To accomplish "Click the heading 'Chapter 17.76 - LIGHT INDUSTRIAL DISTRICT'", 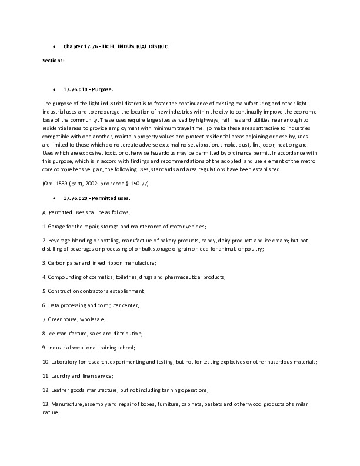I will tap(117, 46).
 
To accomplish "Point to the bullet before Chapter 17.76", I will tap(54, 46).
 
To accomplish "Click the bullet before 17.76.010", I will tap(54, 90).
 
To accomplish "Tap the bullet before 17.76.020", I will tap(54, 199).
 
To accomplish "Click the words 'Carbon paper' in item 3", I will tap(64, 262).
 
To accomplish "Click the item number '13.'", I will tap(46, 404).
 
